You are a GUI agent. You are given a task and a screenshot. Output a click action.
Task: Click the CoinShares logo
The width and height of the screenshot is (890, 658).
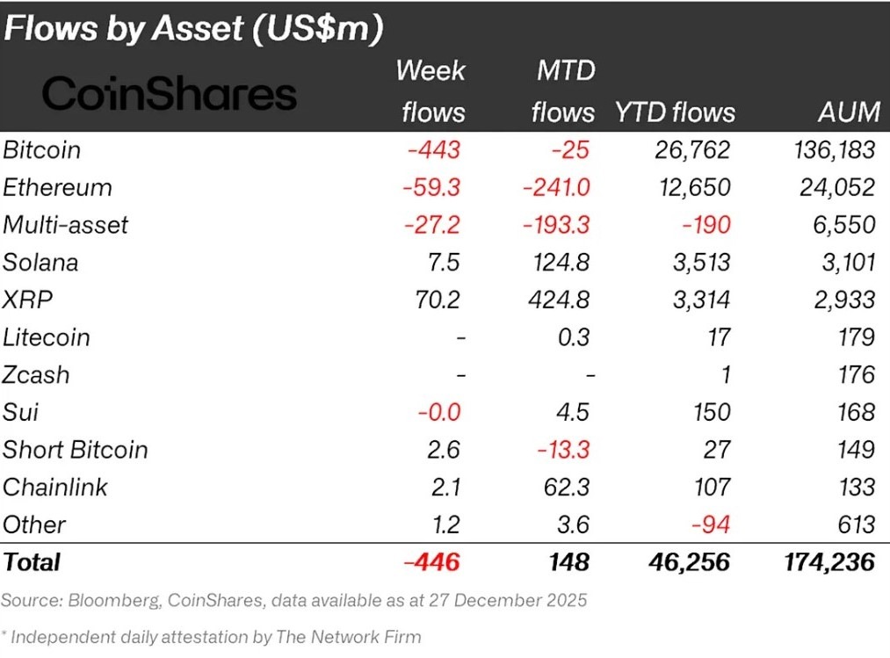tap(169, 93)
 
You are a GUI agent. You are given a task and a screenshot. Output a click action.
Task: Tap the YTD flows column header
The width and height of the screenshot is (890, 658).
tap(675, 112)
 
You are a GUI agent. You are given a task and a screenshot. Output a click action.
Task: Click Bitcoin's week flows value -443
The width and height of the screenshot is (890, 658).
tap(433, 150)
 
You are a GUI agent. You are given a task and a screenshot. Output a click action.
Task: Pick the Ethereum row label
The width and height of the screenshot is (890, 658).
tap(57, 187)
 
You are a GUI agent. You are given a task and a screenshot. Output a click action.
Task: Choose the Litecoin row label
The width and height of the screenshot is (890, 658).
tap(47, 337)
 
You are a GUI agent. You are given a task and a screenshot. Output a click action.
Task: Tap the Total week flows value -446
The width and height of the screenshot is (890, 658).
tap(432, 562)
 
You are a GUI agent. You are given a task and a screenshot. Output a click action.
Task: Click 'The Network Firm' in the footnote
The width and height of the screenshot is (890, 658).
tap(356, 636)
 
